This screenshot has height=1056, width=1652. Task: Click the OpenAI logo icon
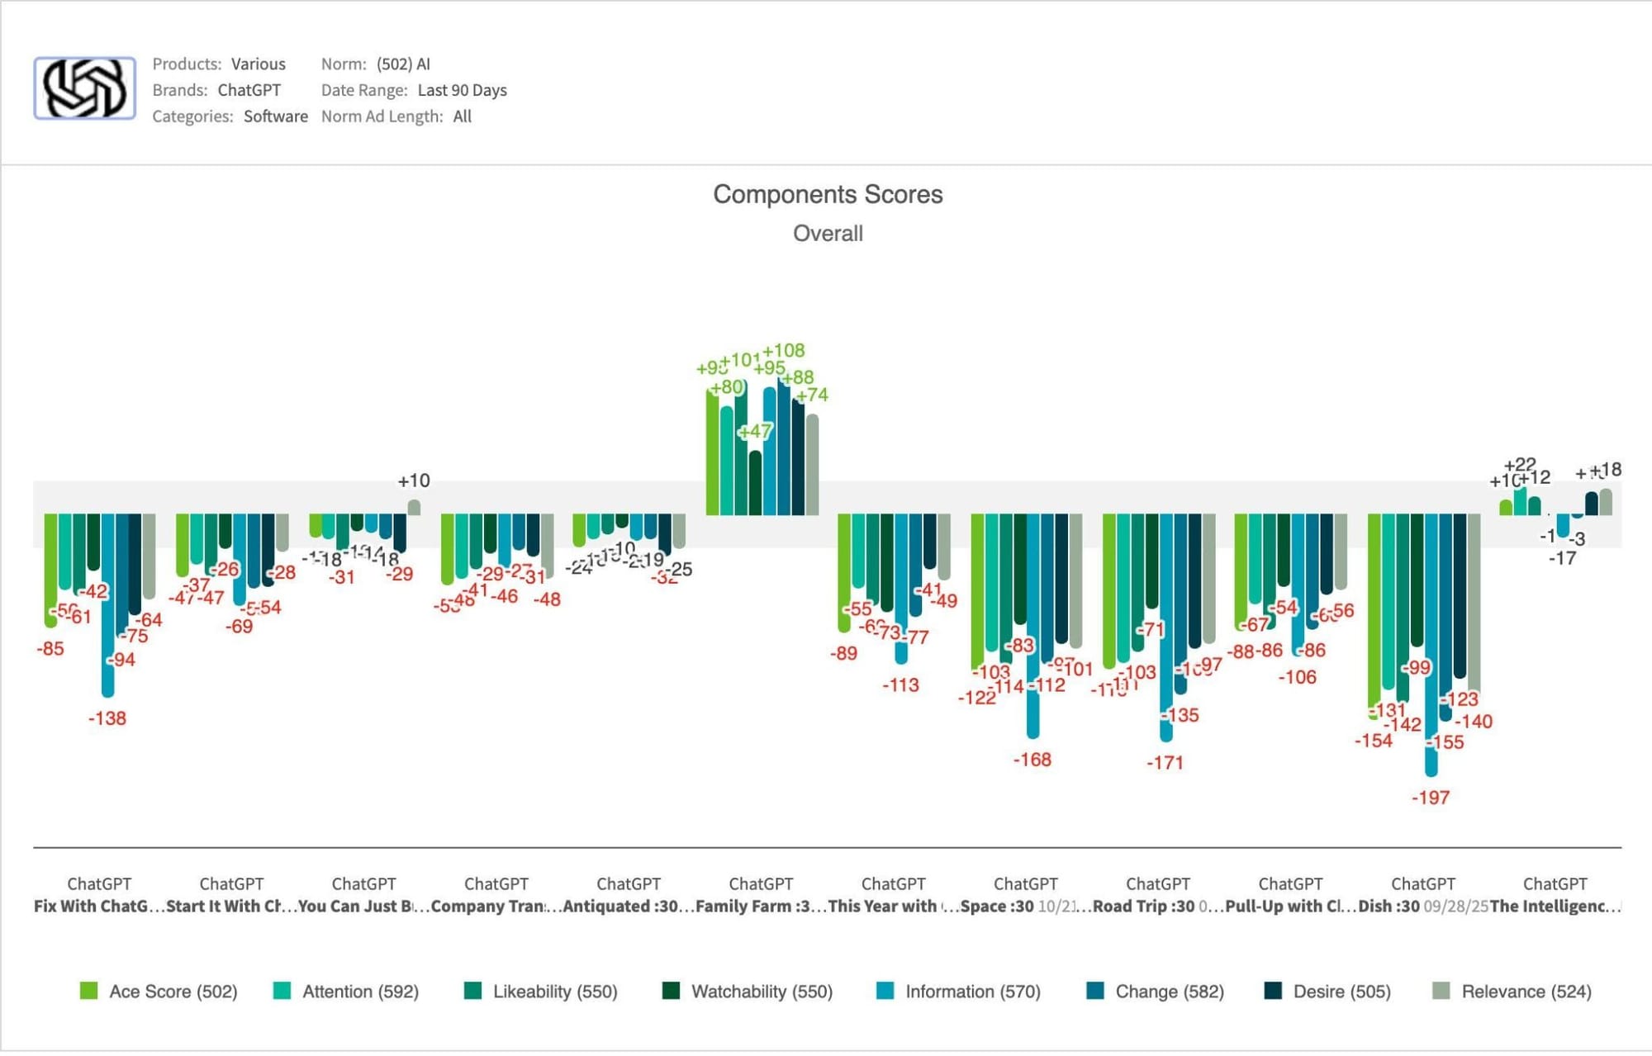[x=84, y=88]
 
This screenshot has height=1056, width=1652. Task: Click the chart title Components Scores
[x=828, y=194]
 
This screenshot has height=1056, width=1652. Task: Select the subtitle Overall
[x=828, y=234]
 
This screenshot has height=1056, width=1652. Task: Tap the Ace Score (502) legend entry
[x=159, y=991]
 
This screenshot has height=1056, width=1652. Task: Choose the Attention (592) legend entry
[x=346, y=991]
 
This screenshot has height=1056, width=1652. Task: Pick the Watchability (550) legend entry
[x=748, y=991]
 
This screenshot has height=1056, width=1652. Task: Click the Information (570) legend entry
[x=958, y=991]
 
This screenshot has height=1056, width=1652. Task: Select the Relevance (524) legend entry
[x=1512, y=991]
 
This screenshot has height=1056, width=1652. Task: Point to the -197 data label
[x=1431, y=798]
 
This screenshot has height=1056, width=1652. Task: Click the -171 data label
[x=1165, y=763]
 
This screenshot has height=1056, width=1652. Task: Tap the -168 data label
[x=1032, y=760]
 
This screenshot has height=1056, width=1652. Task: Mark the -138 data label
[x=107, y=718]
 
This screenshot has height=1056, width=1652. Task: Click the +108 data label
[x=783, y=351]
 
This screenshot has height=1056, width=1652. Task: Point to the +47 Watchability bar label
[x=755, y=431]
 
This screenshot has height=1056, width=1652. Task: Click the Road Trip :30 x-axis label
[x=1144, y=906]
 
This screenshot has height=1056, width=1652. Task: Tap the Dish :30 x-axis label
[x=1389, y=906]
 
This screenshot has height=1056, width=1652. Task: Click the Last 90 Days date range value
[x=462, y=90]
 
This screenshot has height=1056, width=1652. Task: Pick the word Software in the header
[x=275, y=116]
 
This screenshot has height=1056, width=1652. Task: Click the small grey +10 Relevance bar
[x=414, y=507]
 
